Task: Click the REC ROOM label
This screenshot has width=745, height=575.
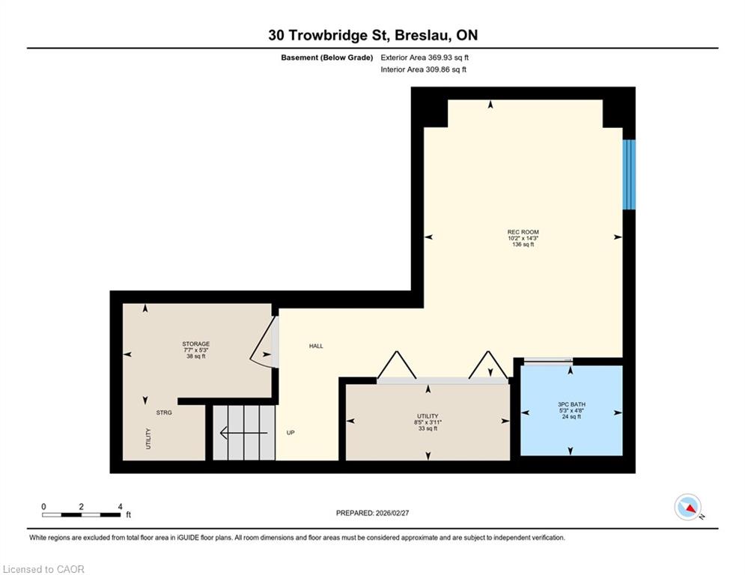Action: pos(523,232)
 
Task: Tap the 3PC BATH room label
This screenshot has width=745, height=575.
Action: pos(571,404)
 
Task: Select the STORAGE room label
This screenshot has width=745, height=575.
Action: pos(195,344)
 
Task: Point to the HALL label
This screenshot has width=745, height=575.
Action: pos(316,346)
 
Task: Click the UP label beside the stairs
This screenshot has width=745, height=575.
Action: pos(291,433)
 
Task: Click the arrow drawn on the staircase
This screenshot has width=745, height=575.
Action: pos(244,433)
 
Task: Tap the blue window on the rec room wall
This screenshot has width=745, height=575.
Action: pos(629,174)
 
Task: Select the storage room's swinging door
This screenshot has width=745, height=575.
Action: pos(264,341)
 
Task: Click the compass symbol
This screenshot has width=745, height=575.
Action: pos(688,507)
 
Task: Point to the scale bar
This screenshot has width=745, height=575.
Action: pos(82,514)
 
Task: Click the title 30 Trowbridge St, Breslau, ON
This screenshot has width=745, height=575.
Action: pos(373,35)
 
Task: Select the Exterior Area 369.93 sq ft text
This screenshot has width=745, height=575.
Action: pos(425,58)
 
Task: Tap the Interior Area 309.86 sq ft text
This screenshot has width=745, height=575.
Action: pos(423,70)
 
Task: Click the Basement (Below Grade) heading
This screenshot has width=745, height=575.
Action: pos(327,58)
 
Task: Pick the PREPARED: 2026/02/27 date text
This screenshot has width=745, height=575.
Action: pos(373,513)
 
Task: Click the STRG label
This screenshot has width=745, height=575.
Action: pos(164,413)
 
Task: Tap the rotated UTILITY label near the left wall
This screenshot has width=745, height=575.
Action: pos(148,439)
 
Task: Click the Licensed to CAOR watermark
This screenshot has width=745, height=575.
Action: pos(43,569)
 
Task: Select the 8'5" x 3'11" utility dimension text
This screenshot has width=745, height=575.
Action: pos(428,422)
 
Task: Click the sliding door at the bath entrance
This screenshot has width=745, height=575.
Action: pos(547,361)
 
